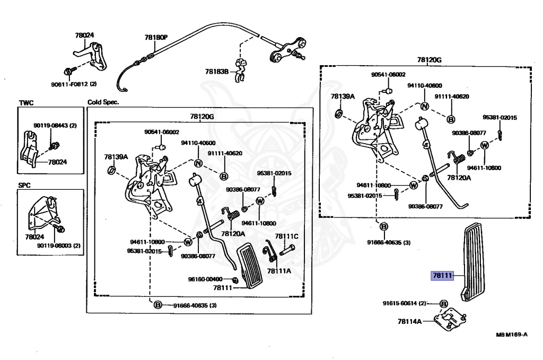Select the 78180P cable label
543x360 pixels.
click(x=155, y=38)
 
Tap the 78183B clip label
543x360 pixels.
click(x=217, y=72)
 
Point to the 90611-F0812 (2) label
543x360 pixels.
click(x=74, y=84)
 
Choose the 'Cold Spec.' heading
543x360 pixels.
click(x=103, y=102)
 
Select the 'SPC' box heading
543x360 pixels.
click(x=25, y=187)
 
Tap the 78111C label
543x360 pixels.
click(x=286, y=236)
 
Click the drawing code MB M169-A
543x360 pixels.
click(x=512, y=335)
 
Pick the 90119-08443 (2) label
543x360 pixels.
click(x=55, y=126)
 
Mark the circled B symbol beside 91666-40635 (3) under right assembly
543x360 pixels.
click(x=383, y=227)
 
